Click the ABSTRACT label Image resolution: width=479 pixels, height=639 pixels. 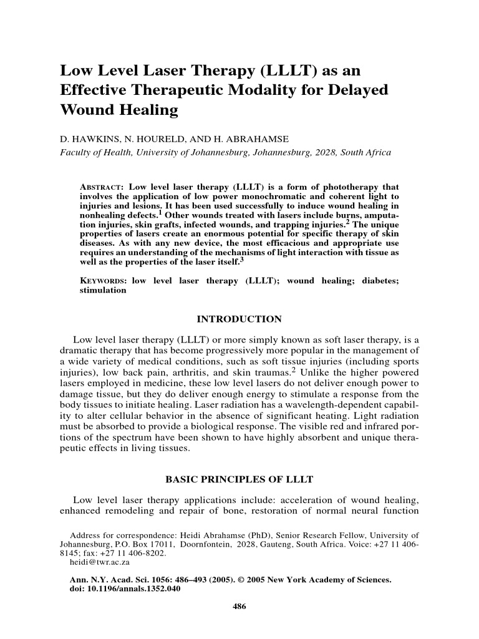pos(102,187)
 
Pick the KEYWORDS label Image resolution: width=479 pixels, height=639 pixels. pos(104,281)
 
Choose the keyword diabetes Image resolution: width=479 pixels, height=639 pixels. pos(380,281)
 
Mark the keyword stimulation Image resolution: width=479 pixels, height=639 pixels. pos(103,291)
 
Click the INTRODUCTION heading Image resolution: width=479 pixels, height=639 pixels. pos(239,319)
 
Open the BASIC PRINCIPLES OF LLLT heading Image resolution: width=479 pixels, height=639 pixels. pos(239,479)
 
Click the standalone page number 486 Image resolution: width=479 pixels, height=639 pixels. pos(239,607)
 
